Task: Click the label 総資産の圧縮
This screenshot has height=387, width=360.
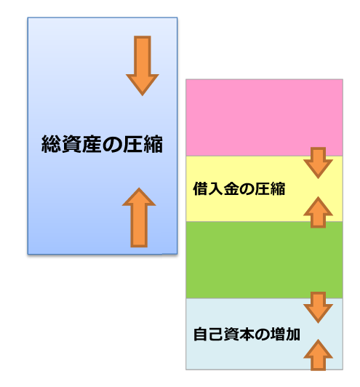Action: pyautogui.click(x=102, y=144)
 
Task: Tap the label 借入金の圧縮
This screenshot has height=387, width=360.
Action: pyautogui.click(x=239, y=189)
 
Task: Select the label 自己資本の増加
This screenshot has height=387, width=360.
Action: pyautogui.click(x=247, y=334)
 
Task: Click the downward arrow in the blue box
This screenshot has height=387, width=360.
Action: pyautogui.click(x=143, y=65)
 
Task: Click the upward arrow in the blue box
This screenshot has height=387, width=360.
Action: pyautogui.click(x=139, y=218)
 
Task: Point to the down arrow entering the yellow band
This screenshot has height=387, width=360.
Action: pyautogui.click(x=318, y=163)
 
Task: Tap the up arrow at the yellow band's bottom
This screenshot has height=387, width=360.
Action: pyautogui.click(x=318, y=212)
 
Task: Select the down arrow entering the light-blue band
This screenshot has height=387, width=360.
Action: pyautogui.click(x=318, y=308)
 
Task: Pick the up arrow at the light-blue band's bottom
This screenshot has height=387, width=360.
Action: pyautogui.click(x=318, y=355)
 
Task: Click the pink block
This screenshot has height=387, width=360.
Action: pyautogui.click(x=264, y=118)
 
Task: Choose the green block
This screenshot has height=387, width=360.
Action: pyautogui.click(x=264, y=260)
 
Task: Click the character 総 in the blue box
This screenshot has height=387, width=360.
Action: pyautogui.click(x=51, y=144)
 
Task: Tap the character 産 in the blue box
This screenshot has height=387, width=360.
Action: pyautogui.click(x=92, y=144)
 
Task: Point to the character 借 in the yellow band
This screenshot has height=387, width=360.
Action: pyautogui.click(x=200, y=189)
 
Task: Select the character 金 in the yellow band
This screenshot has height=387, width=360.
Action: pyautogui.click(x=231, y=189)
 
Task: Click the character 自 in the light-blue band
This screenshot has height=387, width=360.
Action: pyautogui.click(x=201, y=334)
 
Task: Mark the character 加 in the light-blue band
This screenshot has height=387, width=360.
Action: pyautogui.click(x=292, y=334)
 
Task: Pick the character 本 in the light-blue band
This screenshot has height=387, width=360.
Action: pyautogui.click(x=247, y=334)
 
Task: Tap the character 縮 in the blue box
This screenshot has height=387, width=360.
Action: pyautogui.click(x=153, y=144)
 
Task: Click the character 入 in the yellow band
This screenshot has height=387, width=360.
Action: pyautogui.click(x=216, y=189)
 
